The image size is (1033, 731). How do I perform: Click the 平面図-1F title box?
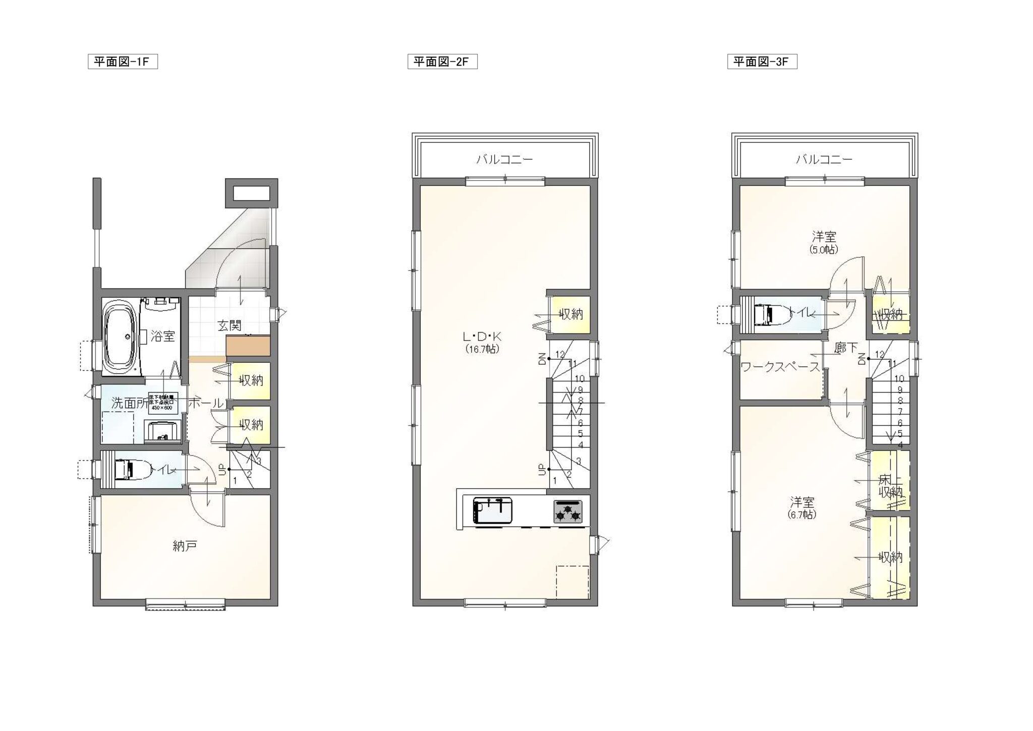[123, 62]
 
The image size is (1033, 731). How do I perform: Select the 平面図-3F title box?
[762, 62]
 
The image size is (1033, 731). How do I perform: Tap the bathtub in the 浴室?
[120, 337]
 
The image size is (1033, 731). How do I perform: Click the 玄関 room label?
[229, 325]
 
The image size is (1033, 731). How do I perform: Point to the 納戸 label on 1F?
[185, 545]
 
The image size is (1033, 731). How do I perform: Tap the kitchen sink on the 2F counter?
[492, 510]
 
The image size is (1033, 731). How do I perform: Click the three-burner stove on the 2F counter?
[568, 511]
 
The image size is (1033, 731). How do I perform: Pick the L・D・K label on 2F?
[482, 336]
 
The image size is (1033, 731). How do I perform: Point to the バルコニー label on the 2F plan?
[504, 160]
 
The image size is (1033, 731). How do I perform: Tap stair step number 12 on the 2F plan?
[560, 355]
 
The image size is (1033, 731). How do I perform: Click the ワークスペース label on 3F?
[780, 367]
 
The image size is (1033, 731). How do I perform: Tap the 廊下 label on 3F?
[846, 348]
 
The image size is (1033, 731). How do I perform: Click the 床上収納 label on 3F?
[890, 486]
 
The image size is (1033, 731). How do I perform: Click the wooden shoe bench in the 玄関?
[248, 346]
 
